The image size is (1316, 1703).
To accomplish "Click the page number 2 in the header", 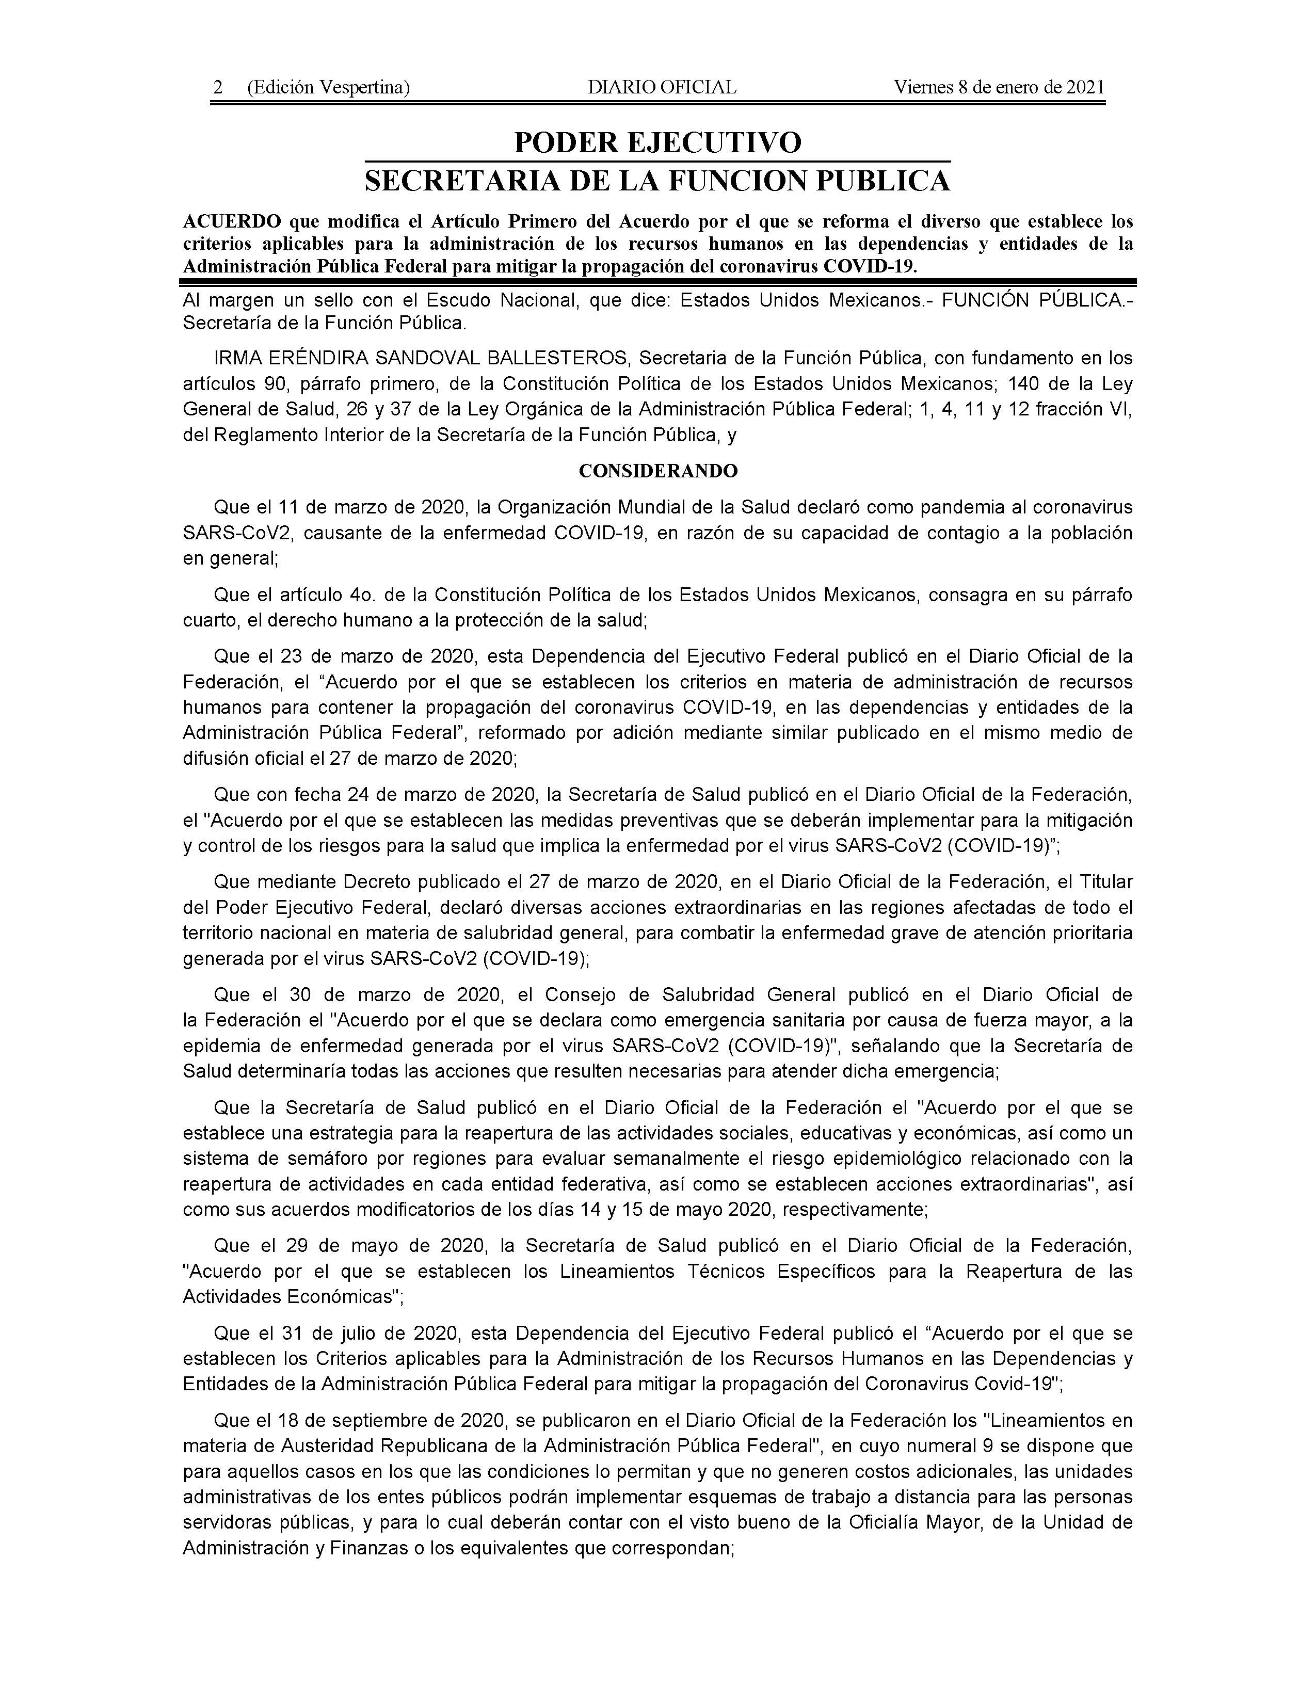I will point(218,87).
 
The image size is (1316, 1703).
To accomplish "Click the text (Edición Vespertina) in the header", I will point(328,87).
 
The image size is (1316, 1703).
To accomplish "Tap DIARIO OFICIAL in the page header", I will point(662,87).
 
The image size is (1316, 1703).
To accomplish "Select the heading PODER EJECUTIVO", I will point(657,143).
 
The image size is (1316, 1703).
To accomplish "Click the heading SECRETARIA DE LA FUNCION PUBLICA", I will point(657,181).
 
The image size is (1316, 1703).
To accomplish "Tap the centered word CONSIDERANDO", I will point(657,471).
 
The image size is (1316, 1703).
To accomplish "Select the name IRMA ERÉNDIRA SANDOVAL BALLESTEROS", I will point(421,359).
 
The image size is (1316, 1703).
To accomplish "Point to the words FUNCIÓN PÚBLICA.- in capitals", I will point(1037,300).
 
